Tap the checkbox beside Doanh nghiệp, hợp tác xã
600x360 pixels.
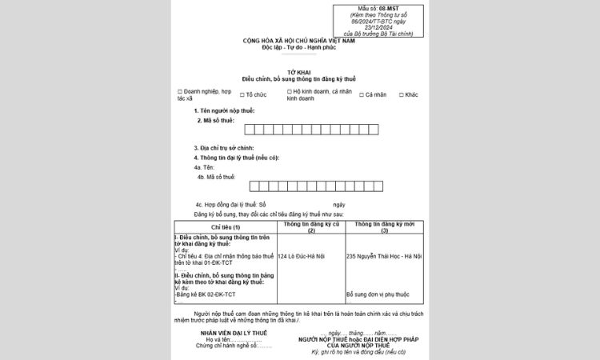click(x=181, y=92)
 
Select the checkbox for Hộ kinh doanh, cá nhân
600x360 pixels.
click(x=290, y=92)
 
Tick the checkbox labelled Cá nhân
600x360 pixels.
click(x=362, y=94)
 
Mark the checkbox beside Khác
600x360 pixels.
click(x=399, y=94)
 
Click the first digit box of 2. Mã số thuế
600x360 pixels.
click(x=250, y=129)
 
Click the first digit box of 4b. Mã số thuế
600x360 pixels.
click(x=254, y=186)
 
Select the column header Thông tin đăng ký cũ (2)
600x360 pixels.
click(x=311, y=228)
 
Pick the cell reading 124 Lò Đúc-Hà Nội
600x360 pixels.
click(x=301, y=256)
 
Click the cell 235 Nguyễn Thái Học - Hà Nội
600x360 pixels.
click(x=383, y=256)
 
